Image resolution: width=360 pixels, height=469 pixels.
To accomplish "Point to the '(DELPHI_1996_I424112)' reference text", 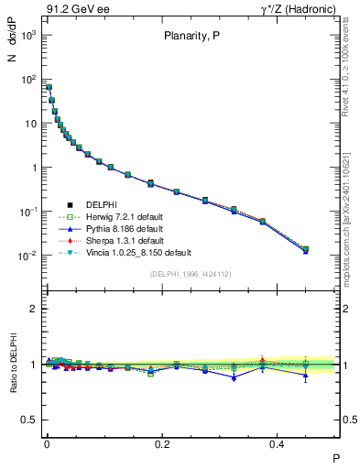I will [191, 273].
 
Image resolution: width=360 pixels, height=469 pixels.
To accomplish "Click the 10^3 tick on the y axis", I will [29, 35].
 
